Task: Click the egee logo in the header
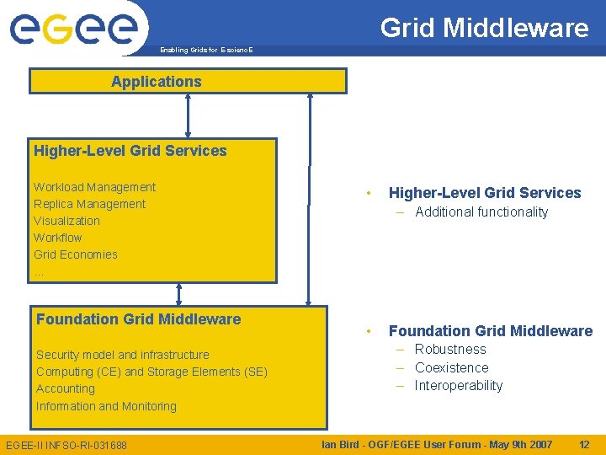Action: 74,28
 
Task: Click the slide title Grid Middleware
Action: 484,28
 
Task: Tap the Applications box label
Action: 157,82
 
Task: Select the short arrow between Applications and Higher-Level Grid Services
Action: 188,115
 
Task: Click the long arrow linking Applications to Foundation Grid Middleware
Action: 310,198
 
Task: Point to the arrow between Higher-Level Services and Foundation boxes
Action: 178,294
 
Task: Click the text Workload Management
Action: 94,187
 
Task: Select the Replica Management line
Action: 89,204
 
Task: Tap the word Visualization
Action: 66,221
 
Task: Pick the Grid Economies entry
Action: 76,254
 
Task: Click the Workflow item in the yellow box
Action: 58,238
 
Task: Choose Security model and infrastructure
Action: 123,355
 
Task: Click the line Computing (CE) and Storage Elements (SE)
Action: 151,372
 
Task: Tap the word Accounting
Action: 66,388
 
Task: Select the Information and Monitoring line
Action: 106,406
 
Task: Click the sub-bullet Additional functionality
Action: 481,212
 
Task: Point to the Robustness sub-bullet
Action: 450,350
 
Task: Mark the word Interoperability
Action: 458,386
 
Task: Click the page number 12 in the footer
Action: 584,444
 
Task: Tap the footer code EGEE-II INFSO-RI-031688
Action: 66,445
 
